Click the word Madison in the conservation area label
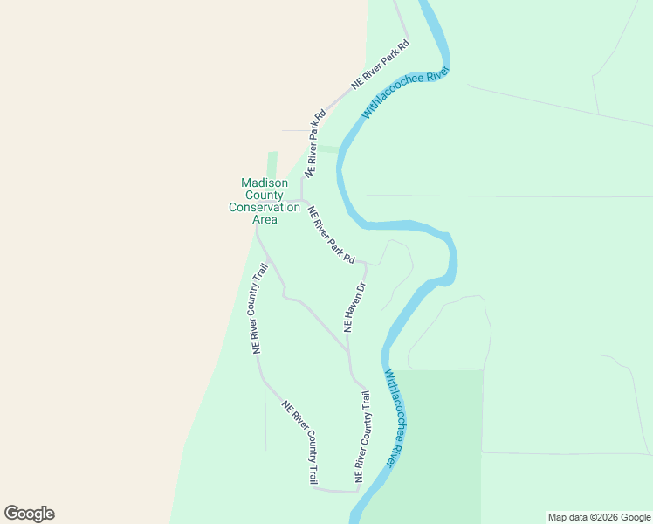265,183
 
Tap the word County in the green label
265,195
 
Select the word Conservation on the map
265,207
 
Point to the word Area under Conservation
265,219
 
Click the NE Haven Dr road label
354,307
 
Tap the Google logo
29,514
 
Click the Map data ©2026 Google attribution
600,517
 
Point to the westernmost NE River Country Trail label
258,308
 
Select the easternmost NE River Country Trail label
362,438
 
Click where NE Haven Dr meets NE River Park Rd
364,263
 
